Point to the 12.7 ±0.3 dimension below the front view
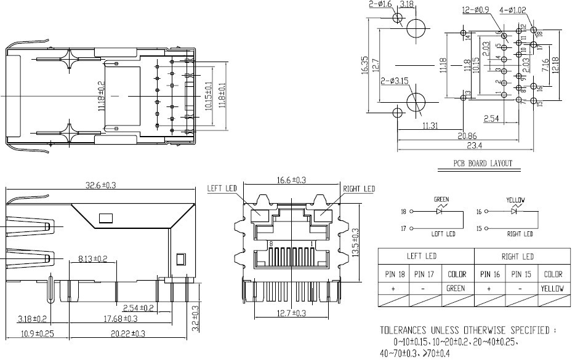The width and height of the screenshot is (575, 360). coord(291,313)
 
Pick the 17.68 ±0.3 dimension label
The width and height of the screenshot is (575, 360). coord(121,318)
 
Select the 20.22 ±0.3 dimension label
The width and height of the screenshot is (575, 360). coord(128,334)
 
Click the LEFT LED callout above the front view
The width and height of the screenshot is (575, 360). coord(222,188)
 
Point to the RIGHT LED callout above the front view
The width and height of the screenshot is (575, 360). coord(358,188)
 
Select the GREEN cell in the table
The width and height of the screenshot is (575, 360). coord(457,288)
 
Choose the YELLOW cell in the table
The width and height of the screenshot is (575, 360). coord(553,288)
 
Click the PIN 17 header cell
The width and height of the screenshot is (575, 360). coord(425,274)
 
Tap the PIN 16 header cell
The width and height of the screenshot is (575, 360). coord(489,274)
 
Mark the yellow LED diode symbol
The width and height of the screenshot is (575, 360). coord(515,211)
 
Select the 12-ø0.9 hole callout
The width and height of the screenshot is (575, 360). coord(475,10)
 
